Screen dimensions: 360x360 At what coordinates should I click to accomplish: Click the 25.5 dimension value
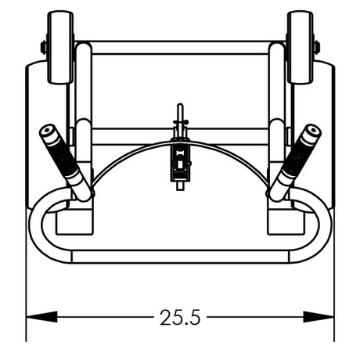(180, 318)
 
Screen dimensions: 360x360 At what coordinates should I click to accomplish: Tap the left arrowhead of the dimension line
(41, 317)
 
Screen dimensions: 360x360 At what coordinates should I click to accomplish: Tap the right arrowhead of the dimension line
(319, 317)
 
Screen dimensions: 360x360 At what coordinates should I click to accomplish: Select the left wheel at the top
(60, 47)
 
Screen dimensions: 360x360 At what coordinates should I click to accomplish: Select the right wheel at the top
(300, 47)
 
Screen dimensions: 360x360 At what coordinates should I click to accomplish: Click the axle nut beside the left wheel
(44, 48)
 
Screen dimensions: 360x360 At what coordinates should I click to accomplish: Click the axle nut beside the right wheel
(317, 48)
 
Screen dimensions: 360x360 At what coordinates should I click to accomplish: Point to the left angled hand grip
(66, 163)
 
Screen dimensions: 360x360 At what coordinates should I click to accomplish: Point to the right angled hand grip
(295, 163)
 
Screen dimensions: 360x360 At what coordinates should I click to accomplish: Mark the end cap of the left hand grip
(48, 131)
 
